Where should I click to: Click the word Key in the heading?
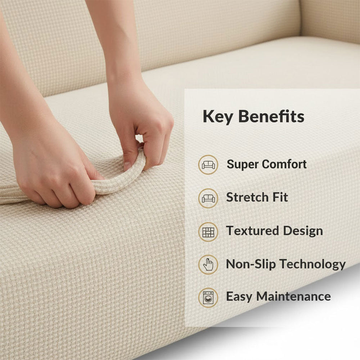(x=216, y=117)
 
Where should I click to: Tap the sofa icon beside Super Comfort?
(x=208, y=165)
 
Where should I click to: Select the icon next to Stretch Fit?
(x=208, y=198)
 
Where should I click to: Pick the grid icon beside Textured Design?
(x=208, y=231)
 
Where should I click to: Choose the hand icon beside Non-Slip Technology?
(x=208, y=265)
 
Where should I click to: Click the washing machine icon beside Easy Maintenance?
(x=208, y=298)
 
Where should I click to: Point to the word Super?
(x=243, y=165)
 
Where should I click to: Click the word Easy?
(x=239, y=297)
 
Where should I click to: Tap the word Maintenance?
(x=293, y=297)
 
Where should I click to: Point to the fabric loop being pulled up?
(x=119, y=180)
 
